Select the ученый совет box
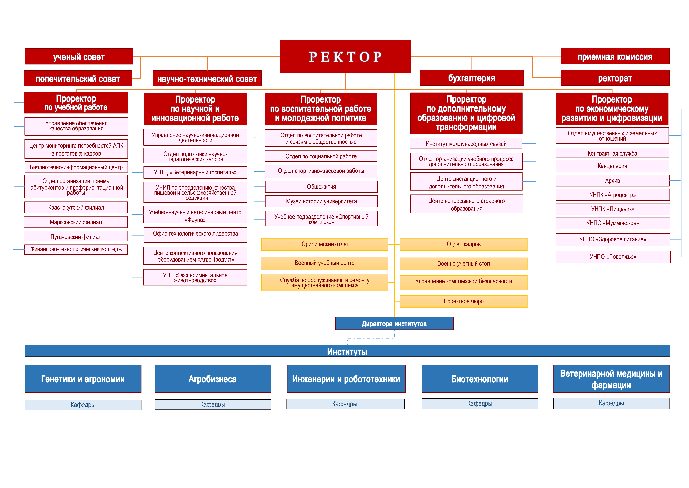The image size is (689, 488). (79, 56)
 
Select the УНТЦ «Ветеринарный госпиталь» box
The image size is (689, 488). (195, 172)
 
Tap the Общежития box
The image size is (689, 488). (321, 187)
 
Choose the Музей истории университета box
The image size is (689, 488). (321, 201)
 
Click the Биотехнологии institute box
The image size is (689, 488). (479, 379)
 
